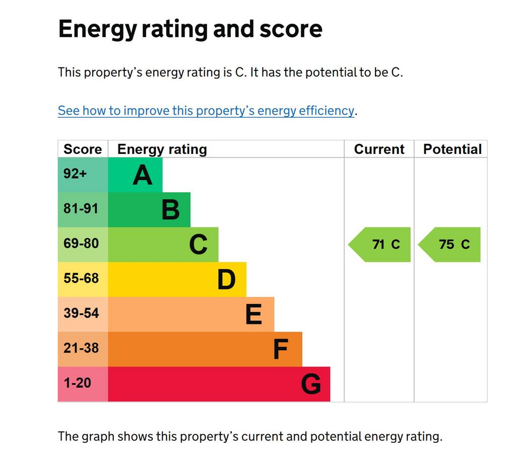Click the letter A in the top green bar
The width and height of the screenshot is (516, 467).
pos(143,175)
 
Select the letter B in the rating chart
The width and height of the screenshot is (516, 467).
pos(171,210)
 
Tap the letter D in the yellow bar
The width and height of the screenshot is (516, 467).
pos(226,279)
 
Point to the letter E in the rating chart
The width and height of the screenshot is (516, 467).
pos(254,314)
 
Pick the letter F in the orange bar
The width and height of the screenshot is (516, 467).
pos(281,349)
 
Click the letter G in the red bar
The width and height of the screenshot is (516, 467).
pos(311,384)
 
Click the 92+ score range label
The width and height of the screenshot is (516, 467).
pos(75,174)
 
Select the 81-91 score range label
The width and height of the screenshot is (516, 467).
pos(81,208)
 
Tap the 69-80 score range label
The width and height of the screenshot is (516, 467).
pos(81,243)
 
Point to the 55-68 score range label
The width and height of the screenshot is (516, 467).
pos(81,278)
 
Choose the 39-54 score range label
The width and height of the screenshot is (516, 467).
pos(81,313)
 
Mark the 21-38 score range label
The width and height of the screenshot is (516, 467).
pos(81,348)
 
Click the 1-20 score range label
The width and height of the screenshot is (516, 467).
pos(77,383)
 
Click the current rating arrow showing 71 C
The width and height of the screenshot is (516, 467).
pos(379,245)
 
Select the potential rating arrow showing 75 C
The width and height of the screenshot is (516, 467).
pos(449,245)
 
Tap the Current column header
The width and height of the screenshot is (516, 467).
pos(379,149)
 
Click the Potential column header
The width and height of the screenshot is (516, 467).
pos(453,149)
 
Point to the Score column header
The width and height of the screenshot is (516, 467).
pos(83,149)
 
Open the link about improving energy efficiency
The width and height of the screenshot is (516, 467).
pos(206,111)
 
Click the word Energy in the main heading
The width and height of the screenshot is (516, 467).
pos(97,30)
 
